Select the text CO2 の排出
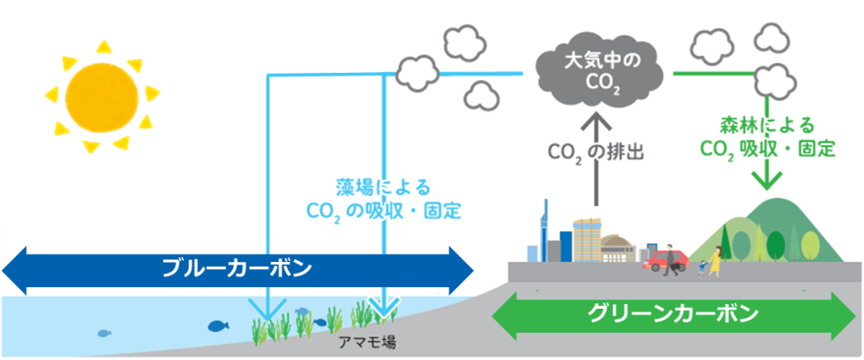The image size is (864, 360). (x=594, y=155)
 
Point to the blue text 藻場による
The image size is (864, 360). (x=379, y=188)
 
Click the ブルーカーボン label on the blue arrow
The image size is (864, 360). (x=237, y=267)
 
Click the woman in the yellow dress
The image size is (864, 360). (x=715, y=259)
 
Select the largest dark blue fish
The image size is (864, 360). (x=219, y=326)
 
